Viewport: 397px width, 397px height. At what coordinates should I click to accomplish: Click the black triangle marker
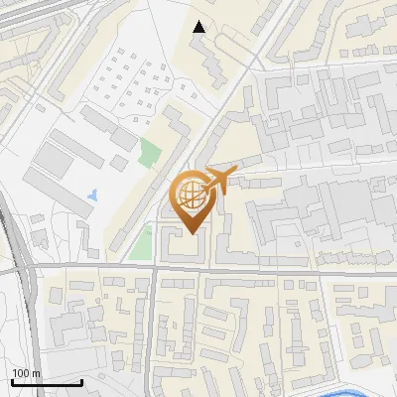click(199, 27)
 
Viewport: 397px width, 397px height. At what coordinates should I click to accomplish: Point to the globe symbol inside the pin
click(192, 193)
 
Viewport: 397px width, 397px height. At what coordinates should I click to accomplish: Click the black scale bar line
click(46, 382)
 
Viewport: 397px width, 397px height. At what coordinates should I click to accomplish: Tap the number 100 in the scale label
click(20, 373)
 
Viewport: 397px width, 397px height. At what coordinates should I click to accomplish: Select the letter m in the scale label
click(35, 373)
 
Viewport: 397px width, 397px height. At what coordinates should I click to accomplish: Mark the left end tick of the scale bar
click(11, 380)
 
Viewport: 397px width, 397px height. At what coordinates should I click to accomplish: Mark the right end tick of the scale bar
click(80, 380)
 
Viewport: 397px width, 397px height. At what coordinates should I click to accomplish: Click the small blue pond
click(93, 196)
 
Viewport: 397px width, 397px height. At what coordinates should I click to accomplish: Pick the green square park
click(150, 154)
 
